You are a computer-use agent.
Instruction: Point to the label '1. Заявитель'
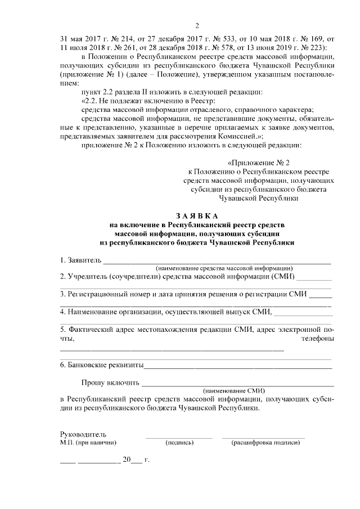(80, 260)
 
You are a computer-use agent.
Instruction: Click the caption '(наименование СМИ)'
(233, 390)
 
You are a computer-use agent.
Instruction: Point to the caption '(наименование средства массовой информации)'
(224, 268)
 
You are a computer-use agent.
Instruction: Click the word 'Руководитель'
(83, 434)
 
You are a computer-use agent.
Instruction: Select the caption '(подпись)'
(179, 443)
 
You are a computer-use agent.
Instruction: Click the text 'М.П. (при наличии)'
(88, 443)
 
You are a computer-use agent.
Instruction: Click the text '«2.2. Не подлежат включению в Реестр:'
(144, 100)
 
